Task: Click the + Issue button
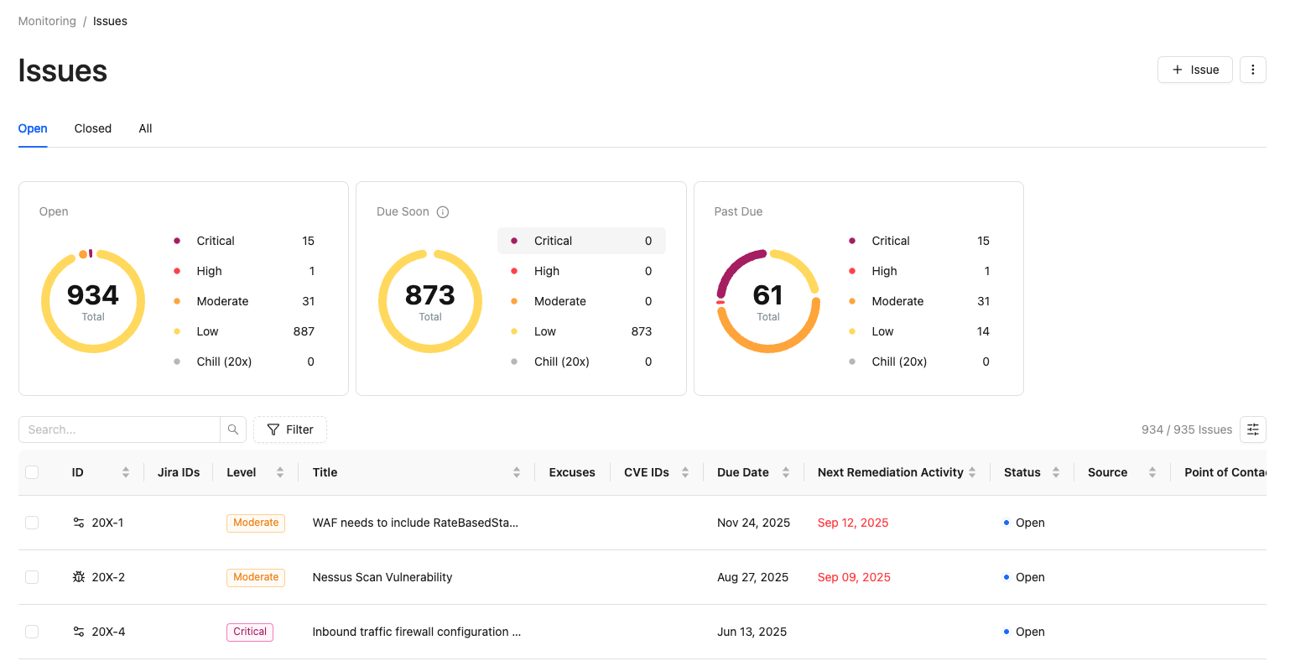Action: (1194, 70)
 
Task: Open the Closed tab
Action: (93, 128)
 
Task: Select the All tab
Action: (145, 128)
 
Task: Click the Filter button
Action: (289, 429)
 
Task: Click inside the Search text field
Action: (119, 429)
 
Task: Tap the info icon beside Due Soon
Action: (443, 212)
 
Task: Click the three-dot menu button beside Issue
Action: (1252, 70)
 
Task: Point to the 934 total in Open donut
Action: (93, 295)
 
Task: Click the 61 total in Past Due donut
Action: (767, 295)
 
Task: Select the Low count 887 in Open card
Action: (304, 331)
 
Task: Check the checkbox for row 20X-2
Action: (33, 577)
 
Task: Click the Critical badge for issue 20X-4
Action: (250, 632)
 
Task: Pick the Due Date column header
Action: (742, 472)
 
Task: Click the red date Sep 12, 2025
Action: (853, 523)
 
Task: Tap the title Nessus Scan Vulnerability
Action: (382, 577)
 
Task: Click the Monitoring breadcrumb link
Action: (47, 21)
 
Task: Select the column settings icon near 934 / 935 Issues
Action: (1252, 429)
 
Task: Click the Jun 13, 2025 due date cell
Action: (752, 632)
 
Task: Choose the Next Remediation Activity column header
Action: (891, 472)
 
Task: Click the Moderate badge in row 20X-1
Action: (256, 523)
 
